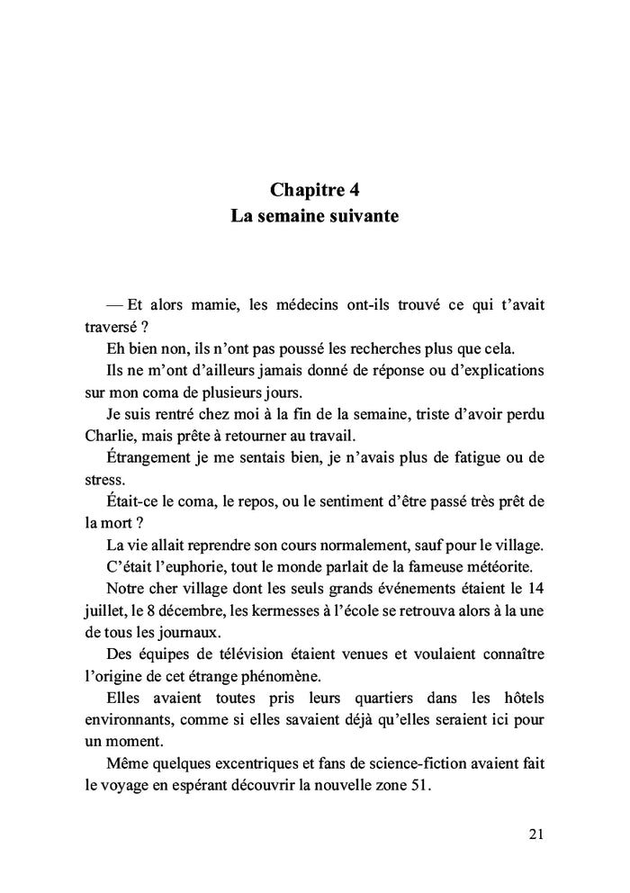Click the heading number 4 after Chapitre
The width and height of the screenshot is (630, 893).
pyautogui.click(x=354, y=190)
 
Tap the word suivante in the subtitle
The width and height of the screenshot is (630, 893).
pyautogui.click(x=358, y=217)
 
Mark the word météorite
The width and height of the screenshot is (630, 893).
pyautogui.click(x=508, y=565)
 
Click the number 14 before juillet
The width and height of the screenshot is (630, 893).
pyautogui.click(x=535, y=587)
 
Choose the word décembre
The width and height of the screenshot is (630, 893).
pyautogui.click(x=199, y=609)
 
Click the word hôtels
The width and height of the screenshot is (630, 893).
pyautogui.click(x=518, y=696)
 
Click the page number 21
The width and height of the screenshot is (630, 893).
pyautogui.click(x=535, y=834)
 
